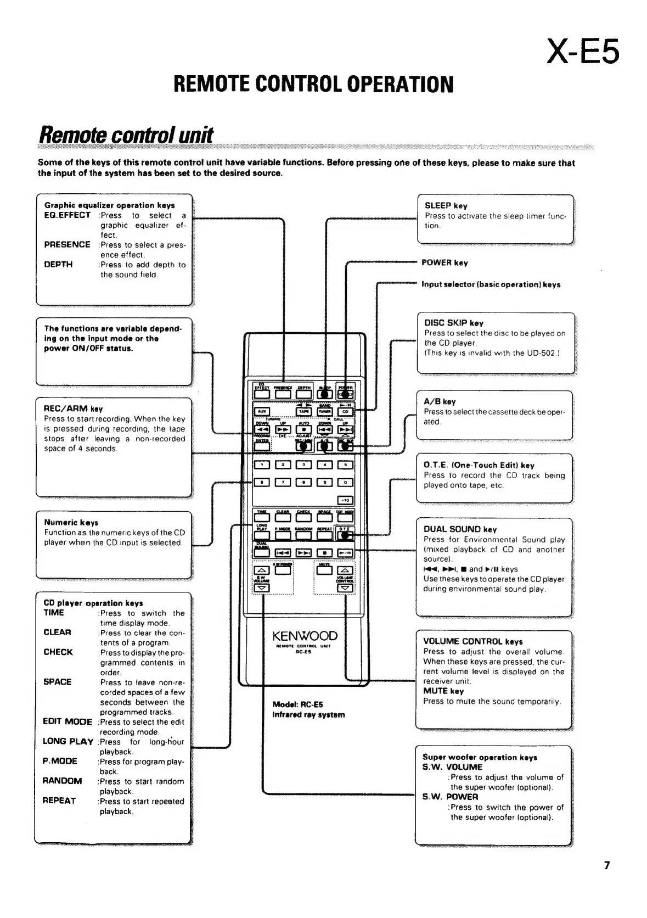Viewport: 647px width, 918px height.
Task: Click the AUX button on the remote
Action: click(262, 411)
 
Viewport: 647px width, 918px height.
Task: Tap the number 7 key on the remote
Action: click(282, 482)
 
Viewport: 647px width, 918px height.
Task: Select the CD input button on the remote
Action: click(345, 411)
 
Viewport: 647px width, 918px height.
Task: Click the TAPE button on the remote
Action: click(303, 411)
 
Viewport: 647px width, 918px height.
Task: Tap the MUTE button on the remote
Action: click(324, 570)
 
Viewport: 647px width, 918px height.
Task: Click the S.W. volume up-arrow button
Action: click(262, 569)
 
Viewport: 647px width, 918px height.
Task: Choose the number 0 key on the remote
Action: click(345, 482)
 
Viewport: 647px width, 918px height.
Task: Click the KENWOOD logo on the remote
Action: click(305, 636)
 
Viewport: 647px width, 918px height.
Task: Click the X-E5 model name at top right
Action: click(583, 52)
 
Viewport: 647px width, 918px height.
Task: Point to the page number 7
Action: click(606, 865)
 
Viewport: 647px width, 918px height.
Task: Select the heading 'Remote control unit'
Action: click(126, 135)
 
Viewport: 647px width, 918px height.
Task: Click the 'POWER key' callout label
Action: click(445, 263)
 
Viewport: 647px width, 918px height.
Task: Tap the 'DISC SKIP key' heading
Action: click(454, 323)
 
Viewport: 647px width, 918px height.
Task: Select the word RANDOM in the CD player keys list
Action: click(63, 781)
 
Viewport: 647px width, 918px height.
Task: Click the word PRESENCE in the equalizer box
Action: click(67, 244)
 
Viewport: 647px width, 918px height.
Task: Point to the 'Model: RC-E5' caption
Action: click(297, 704)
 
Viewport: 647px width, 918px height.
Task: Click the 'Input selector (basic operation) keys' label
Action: click(491, 284)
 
